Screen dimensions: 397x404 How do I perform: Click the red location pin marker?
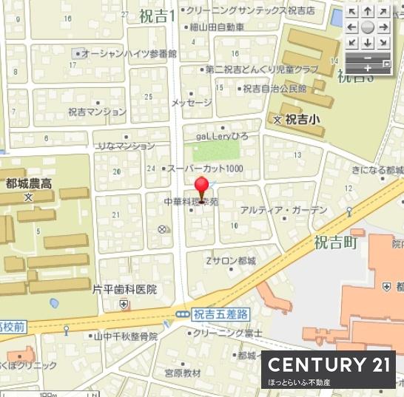(x=201, y=188)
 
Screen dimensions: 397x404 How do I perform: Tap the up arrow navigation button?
(x=368, y=12)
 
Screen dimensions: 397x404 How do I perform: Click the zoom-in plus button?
(x=368, y=68)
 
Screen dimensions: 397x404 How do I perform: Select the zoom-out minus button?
(x=368, y=56)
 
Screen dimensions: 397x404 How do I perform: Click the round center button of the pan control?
(x=368, y=27)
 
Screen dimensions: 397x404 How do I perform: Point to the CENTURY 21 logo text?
(x=328, y=364)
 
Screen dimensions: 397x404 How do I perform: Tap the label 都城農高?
(x=28, y=184)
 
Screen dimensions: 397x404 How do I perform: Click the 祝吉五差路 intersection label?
(x=219, y=314)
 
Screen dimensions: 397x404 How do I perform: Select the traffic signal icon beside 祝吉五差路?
(x=182, y=314)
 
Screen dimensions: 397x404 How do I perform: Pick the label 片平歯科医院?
(x=125, y=290)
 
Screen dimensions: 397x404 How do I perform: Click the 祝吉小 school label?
(x=303, y=118)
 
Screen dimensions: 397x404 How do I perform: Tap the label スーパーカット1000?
(x=205, y=169)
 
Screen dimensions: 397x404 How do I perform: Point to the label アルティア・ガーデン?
(x=274, y=209)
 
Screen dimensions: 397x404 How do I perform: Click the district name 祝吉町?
(x=335, y=242)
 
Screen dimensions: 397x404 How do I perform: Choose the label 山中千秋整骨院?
(x=126, y=336)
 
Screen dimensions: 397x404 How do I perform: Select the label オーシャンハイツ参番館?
(x=129, y=54)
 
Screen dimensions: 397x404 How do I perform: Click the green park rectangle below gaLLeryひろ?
(x=216, y=151)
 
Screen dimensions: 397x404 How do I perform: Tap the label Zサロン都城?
(x=231, y=261)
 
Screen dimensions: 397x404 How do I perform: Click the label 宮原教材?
(x=182, y=373)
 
